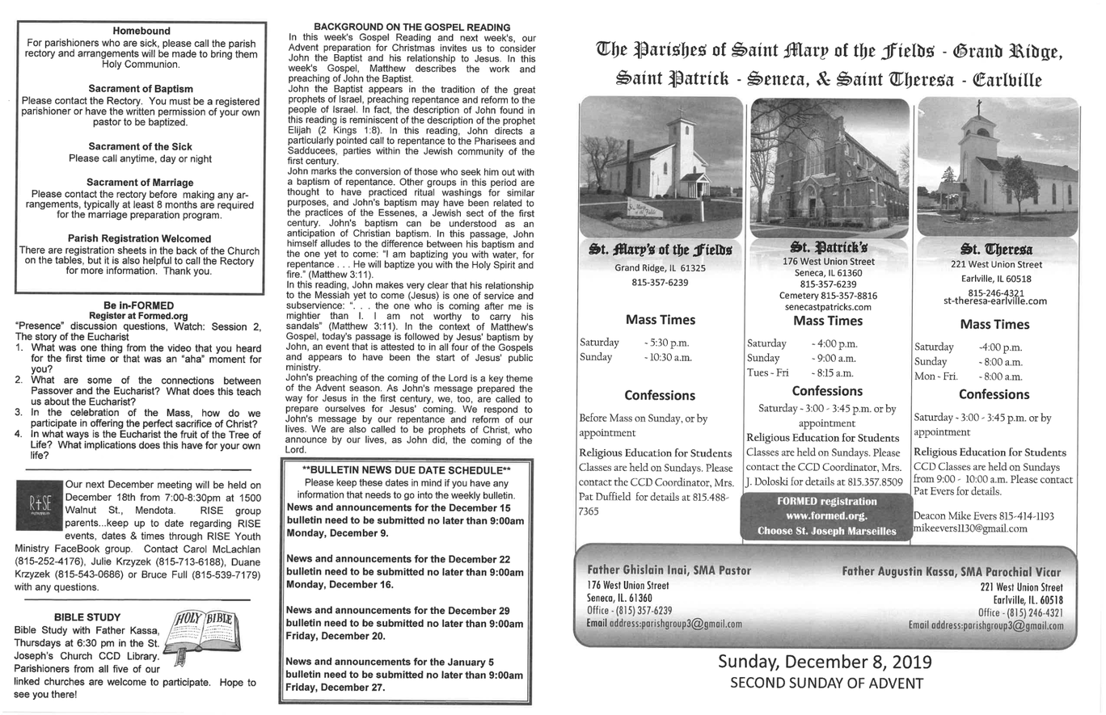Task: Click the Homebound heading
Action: pyautogui.click(x=141, y=31)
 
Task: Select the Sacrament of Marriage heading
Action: pyautogui.click(x=140, y=183)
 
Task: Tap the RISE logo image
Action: pyautogui.click(x=39, y=505)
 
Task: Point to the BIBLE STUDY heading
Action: pyautogui.click(x=87, y=617)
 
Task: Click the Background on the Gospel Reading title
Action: pyautogui.click(x=412, y=27)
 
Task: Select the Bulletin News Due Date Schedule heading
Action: pyautogui.click(x=406, y=470)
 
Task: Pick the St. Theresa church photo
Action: pyautogui.click(x=997, y=166)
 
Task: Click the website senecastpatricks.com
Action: pyautogui.click(x=828, y=307)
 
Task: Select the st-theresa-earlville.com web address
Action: pyautogui.click(x=994, y=301)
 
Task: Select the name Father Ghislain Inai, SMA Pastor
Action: pyautogui.click(x=669, y=570)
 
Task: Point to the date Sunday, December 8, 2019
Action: pyautogui.click(x=825, y=662)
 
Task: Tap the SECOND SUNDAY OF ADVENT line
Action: pyautogui.click(x=825, y=683)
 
